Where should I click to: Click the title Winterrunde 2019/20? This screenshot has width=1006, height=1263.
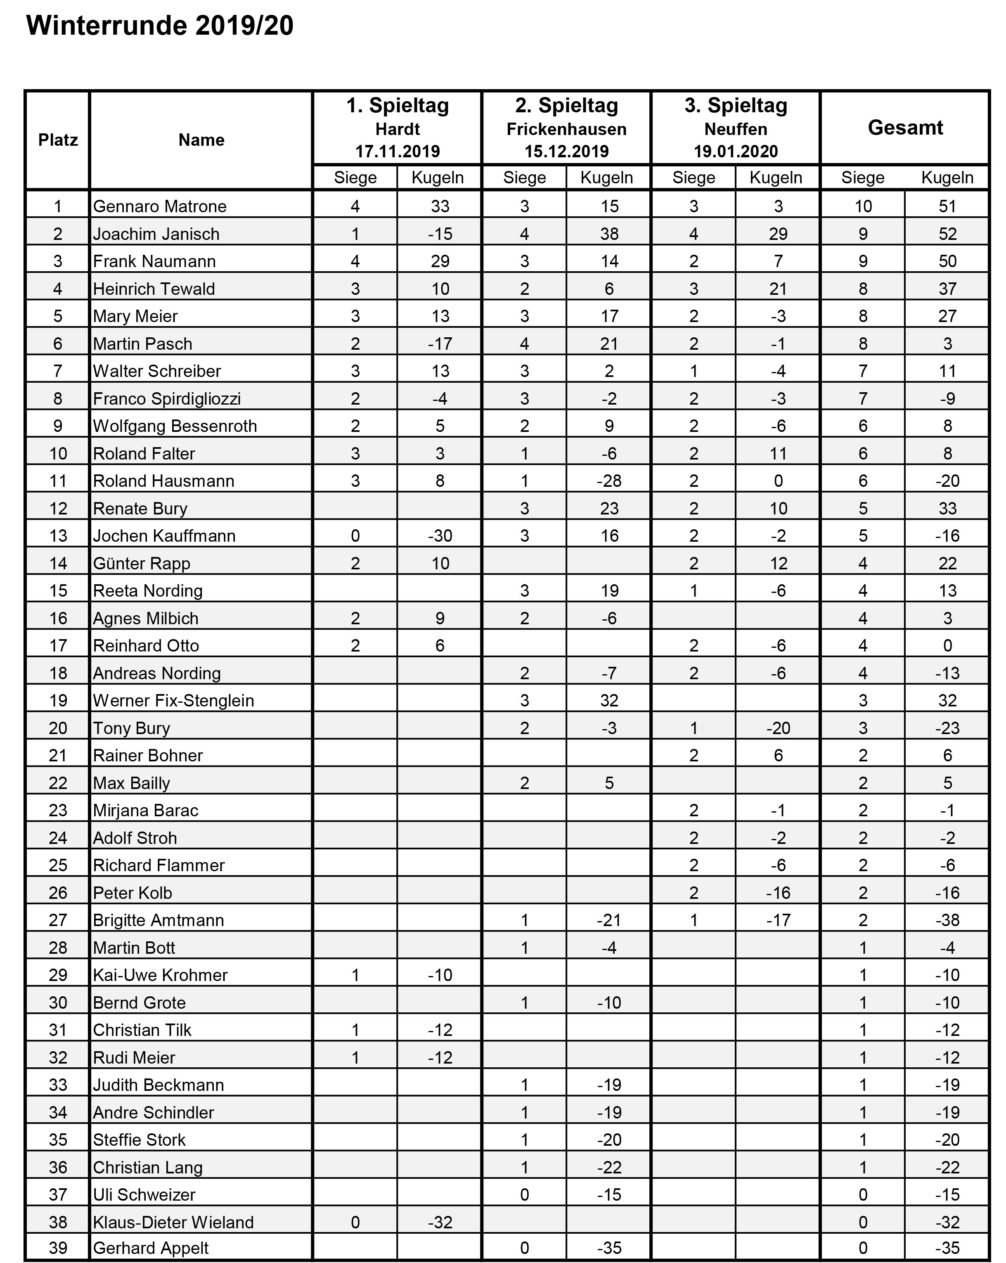click(x=160, y=26)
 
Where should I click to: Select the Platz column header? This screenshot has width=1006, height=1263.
click(x=58, y=140)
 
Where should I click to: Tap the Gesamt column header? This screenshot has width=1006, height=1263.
click(x=905, y=128)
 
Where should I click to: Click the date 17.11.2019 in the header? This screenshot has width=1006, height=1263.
click(x=397, y=152)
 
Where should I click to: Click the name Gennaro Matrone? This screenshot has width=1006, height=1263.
click(x=159, y=206)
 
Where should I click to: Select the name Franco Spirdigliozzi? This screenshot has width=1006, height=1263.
click(x=167, y=399)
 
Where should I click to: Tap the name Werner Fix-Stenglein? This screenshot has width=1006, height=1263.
click(x=173, y=701)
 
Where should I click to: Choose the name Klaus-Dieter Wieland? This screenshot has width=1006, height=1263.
click(x=173, y=1222)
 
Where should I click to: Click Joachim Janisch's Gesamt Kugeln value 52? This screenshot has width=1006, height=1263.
click(x=947, y=234)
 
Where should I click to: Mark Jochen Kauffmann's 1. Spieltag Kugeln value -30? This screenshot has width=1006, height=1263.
click(x=439, y=536)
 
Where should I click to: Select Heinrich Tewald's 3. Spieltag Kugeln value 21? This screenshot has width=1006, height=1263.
click(x=778, y=289)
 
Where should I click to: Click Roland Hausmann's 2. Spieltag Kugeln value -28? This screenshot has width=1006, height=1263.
click(x=609, y=481)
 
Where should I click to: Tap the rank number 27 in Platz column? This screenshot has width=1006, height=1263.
click(x=58, y=920)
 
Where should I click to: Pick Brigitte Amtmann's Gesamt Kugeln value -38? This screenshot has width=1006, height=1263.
click(x=947, y=920)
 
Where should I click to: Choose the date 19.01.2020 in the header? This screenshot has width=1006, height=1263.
click(x=736, y=152)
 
